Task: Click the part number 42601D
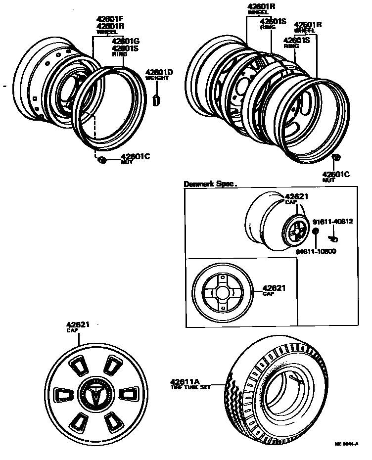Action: pos(159,73)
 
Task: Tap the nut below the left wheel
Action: pos(102,159)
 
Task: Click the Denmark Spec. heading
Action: pos(210,184)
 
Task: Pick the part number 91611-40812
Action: pos(332,221)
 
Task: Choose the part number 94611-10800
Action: pos(316,251)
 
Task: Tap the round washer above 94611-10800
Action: pos(315,231)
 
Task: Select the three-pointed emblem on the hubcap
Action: pos(93,394)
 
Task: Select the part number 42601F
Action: pos(111,20)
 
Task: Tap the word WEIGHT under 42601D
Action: pos(157,79)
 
